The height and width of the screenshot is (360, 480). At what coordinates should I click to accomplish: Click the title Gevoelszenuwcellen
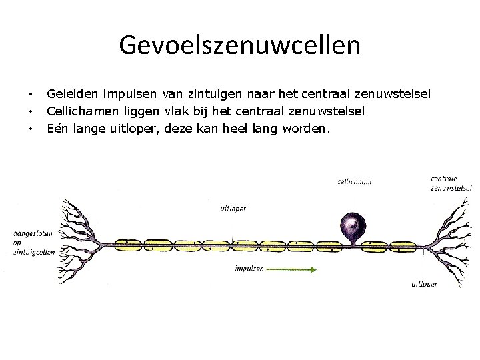click(x=240, y=45)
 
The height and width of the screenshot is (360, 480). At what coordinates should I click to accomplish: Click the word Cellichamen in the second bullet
click(x=81, y=111)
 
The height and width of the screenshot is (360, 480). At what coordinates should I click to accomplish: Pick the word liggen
click(x=140, y=111)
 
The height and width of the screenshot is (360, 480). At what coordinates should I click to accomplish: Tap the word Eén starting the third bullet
click(x=57, y=127)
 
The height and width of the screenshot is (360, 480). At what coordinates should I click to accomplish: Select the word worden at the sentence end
click(x=305, y=127)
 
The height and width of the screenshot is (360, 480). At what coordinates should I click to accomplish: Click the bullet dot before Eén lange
click(x=31, y=127)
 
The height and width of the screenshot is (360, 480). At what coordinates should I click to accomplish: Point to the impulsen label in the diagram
click(x=249, y=269)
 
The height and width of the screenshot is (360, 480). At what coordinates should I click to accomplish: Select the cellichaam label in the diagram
click(x=354, y=181)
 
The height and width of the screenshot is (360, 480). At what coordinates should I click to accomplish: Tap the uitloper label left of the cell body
click(x=233, y=208)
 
